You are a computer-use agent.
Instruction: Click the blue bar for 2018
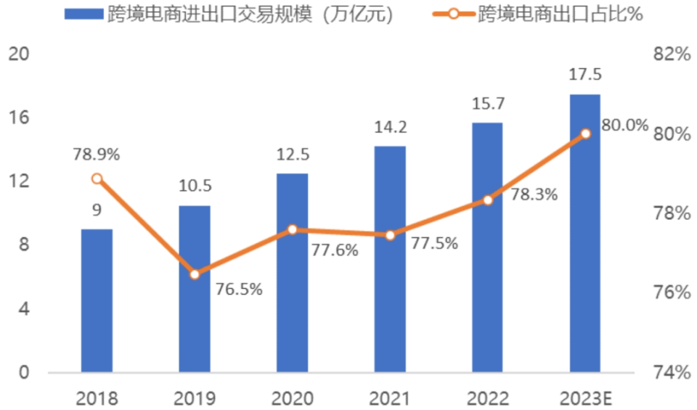97,301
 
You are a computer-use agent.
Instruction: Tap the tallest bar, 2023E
585,234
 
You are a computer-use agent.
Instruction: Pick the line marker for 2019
195,274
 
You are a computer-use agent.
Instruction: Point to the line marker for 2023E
586,134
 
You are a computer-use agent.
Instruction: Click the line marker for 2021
390,235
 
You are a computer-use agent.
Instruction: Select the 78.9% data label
97,155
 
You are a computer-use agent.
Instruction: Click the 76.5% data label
239,289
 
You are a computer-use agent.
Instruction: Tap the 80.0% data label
624,126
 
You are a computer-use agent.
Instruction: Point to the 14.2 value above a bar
390,128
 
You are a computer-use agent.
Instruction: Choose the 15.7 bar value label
487,104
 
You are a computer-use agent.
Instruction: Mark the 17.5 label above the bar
585,75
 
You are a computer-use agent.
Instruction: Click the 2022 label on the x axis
487,398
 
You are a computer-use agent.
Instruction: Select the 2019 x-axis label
195,398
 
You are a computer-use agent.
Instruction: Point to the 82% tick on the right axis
669,55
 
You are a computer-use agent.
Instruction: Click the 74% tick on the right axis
669,372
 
